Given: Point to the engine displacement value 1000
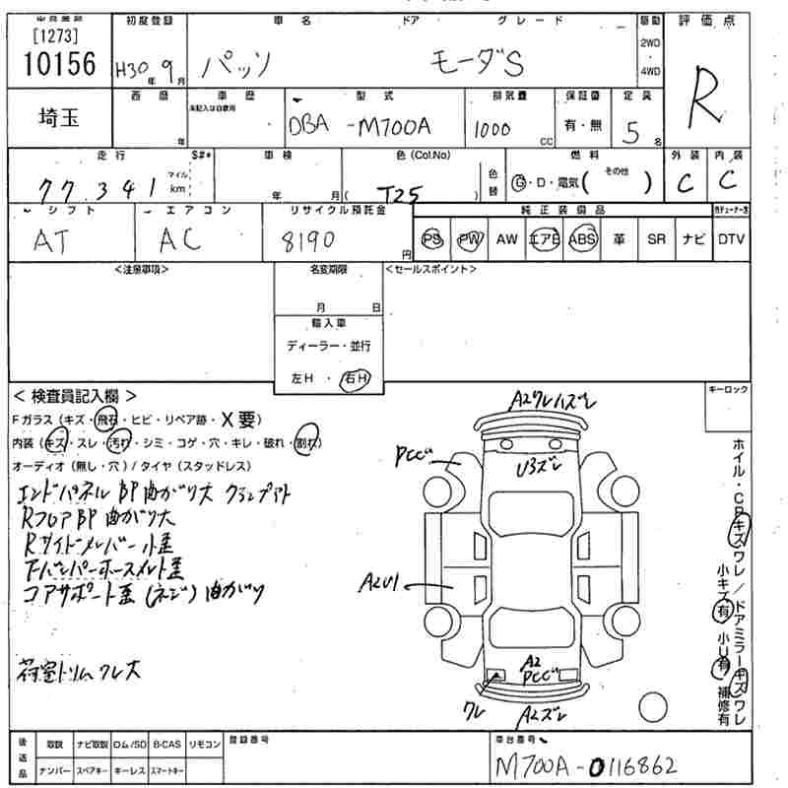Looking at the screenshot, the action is [x=493, y=129].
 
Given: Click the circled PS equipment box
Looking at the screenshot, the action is [x=432, y=239].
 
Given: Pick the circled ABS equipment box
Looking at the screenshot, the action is [x=583, y=239].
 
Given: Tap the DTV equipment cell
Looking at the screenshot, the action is [x=731, y=239].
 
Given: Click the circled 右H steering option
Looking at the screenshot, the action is [x=353, y=378].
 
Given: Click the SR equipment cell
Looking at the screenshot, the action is [x=656, y=239].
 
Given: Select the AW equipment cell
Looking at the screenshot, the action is [x=506, y=239].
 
